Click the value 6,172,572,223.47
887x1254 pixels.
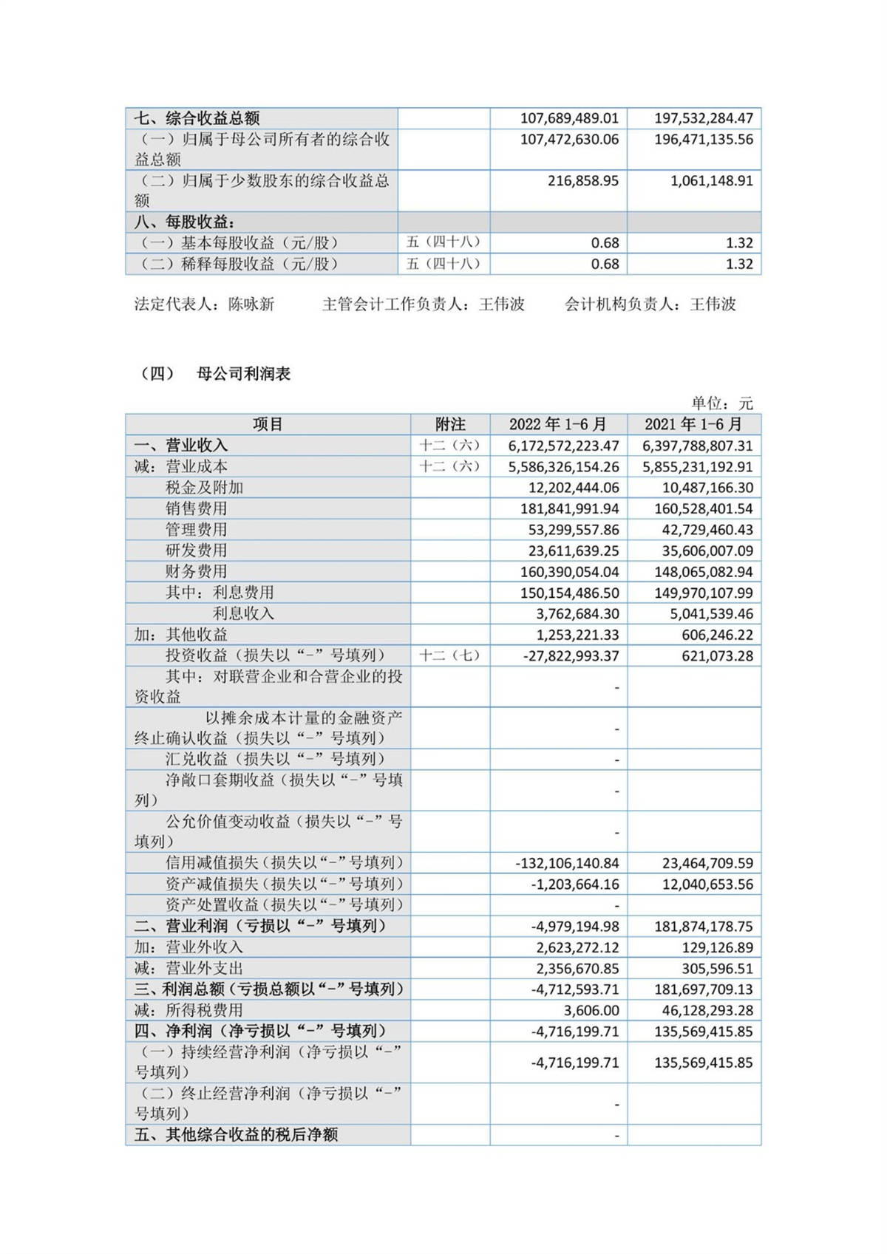pos(563,446)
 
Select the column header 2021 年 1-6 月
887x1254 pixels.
pos(693,424)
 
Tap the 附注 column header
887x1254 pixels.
pos(450,424)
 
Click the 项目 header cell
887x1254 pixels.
pos(268,424)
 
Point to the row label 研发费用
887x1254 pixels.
pos(196,551)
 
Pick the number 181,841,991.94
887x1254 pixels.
pos(569,508)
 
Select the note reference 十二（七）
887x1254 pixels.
pos(449,655)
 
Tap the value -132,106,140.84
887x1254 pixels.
pos(567,862)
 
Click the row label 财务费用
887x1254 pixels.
pos(196,571)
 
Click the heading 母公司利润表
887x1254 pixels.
pos(243,374)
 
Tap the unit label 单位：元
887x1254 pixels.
pos(721,403)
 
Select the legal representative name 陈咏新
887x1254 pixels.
pos(251,304)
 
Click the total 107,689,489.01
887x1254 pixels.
pos(569,118)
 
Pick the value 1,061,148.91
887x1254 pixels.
pos(711,181)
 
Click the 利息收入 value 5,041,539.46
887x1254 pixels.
pos(707,613)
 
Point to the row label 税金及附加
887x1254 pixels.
pos(204,488)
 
